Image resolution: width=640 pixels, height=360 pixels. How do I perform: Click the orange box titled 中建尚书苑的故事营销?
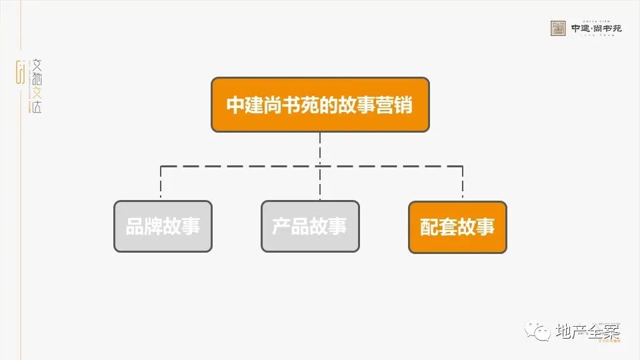[x=320, y=105]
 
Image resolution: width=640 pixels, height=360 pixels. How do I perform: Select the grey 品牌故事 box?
[x=163, y=227]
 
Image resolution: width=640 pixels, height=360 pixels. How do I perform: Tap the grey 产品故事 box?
[x=310, y=227]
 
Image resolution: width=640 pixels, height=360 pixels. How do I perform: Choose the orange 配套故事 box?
[x=457, y=227]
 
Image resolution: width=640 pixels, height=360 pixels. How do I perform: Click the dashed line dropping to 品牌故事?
[x=161, y=183]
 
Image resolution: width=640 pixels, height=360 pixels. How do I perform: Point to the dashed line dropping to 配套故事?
[x=463, y=183]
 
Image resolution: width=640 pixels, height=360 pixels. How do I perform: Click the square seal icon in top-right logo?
[x=558, y=28]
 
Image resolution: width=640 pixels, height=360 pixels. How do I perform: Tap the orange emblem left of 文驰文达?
[x=20, y=72]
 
